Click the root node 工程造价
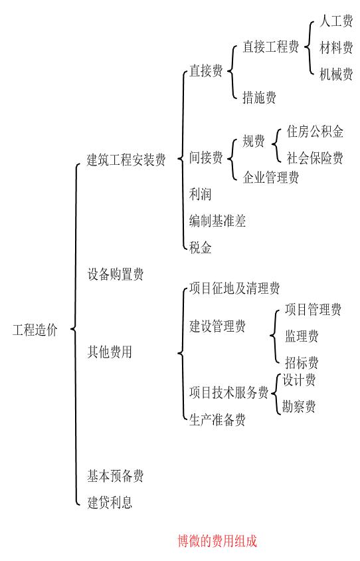coord(35,331)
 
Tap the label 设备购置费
coord(115,274)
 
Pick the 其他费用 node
coord(110,352)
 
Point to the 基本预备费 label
coord(115,476)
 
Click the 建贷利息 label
coord(110,503)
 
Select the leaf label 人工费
coord(336,22)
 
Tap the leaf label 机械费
coord(336,74)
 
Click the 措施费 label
coord(259,98)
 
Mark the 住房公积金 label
coord(315,132)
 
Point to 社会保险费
coord(315,158)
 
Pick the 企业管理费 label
coord(270,177)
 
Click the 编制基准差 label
coord(217,221)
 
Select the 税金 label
coord(201,247)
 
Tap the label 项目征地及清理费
coord(234,288)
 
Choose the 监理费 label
coord(302,336)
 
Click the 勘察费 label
coord(298,406)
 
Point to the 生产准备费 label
coord(217,419)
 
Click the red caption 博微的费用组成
coord(217,541)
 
